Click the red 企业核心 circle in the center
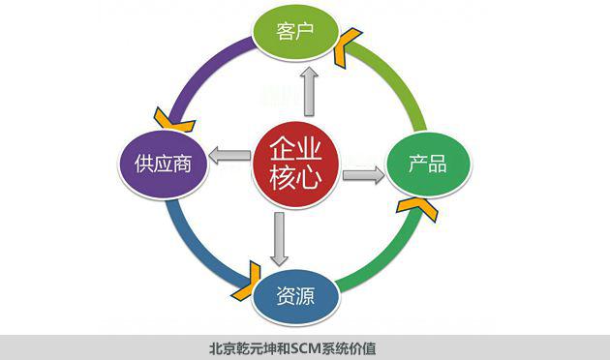pos(295,163)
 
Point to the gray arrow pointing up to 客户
pos(309,88)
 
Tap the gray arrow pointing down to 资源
pos(280,238)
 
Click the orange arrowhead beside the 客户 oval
pos(346,45)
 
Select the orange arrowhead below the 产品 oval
pos(415,206)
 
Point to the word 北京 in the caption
pos(222,347)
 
